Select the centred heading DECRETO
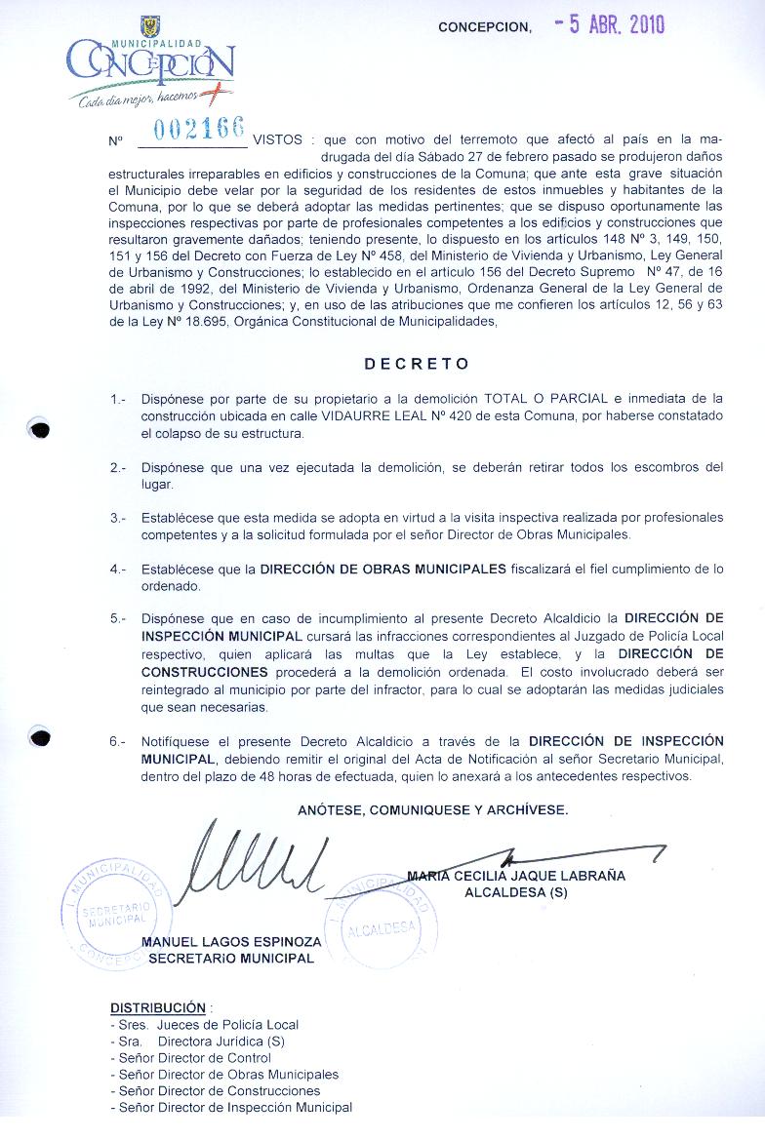[x=417, y=364]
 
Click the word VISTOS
[x=276, y=140]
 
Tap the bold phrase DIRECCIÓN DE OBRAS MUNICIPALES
[x=382, y=570]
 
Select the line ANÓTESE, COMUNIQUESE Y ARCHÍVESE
[x=432, y=809]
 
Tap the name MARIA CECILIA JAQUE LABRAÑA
[x=517, y=876]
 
